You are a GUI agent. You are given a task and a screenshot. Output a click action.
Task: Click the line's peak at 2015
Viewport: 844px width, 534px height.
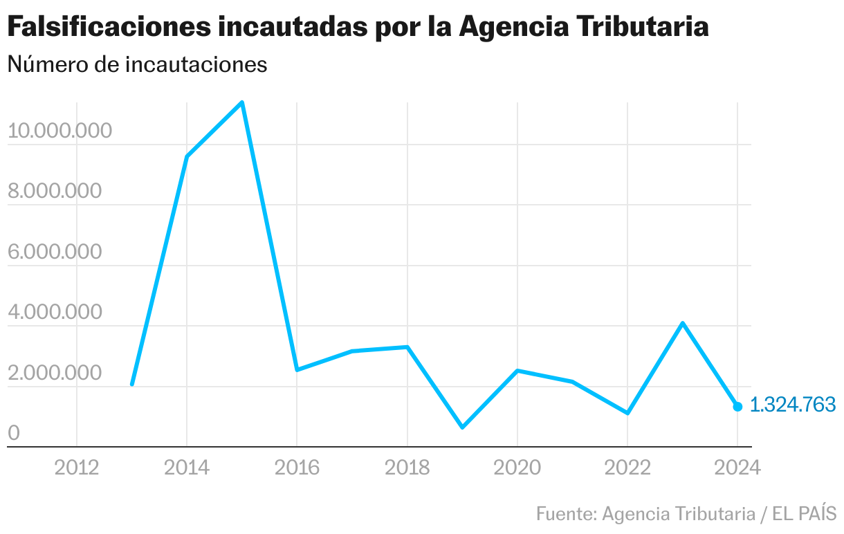[241, 103]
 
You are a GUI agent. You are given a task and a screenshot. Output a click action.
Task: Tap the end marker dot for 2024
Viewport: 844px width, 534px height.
[737, 407]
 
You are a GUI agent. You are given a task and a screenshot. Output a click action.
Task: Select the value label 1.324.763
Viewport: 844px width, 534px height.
[793, 405]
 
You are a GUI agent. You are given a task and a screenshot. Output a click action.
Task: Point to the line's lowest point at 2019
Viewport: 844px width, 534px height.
[462, 427]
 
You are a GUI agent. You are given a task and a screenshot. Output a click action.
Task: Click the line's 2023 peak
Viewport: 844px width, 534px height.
[682, 323]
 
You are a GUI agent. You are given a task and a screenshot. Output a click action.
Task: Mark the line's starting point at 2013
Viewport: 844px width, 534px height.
[131, 384]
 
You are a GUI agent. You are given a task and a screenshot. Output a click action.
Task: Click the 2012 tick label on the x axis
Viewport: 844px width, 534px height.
[76, 468]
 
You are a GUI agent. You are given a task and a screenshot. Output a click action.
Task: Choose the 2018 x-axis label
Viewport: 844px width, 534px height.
[407, 468]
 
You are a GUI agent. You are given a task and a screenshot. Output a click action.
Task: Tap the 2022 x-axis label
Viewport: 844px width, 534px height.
[627, 468]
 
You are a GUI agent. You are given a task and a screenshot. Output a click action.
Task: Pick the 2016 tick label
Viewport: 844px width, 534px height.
[297, 468]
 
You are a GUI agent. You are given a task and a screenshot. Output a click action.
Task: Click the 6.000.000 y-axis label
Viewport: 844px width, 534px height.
[54, 252]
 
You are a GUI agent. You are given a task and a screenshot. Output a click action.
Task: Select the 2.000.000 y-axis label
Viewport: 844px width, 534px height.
[54, 374]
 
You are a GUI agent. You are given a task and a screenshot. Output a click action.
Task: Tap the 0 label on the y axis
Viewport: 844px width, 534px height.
[13, 434]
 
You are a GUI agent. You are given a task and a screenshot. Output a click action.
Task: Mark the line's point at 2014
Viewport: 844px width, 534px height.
[187, 156]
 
